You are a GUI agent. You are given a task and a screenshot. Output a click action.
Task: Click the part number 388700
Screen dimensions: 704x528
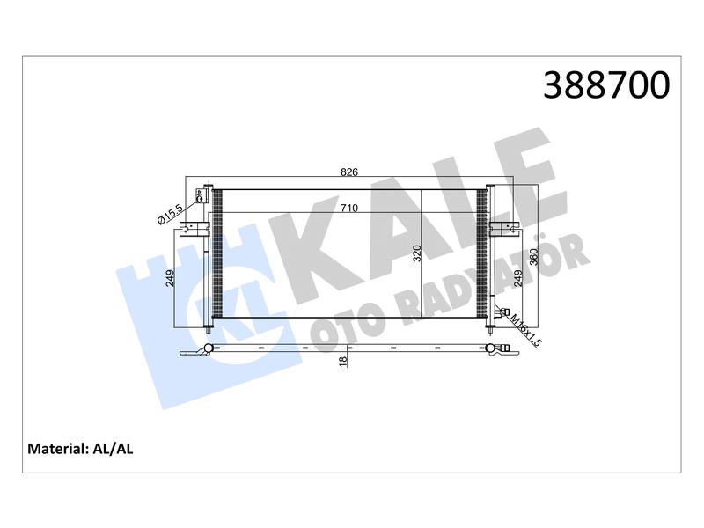pyautogui.click(x=606, y=84)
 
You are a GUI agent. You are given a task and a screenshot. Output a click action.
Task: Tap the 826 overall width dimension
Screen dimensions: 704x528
pyautogui.click(x=349, y=172)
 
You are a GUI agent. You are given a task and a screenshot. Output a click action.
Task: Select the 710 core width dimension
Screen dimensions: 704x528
pyautogui.click(x=349, y=208)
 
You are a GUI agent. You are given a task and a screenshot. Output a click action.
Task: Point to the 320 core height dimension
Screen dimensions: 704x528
pyautogui.click(x=417, y=253)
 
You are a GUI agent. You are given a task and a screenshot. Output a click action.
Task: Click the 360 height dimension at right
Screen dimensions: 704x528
pyautogui.click(x=534, y=257)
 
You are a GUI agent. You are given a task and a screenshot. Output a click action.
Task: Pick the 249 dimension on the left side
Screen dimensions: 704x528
pyautogui.click(x=170, y=278)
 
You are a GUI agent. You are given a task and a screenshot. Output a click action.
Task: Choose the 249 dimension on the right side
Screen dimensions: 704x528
pyautogui.click(x=518, y=278)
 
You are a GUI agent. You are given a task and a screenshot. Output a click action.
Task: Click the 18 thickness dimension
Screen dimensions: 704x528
pyautogui.click(x=343, y=361)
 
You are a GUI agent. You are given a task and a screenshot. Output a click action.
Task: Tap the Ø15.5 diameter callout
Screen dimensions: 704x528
pyautogui.click(x=170, y=214)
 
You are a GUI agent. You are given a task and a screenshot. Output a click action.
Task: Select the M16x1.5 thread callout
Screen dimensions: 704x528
pyautogui.click(x=525, y=331)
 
